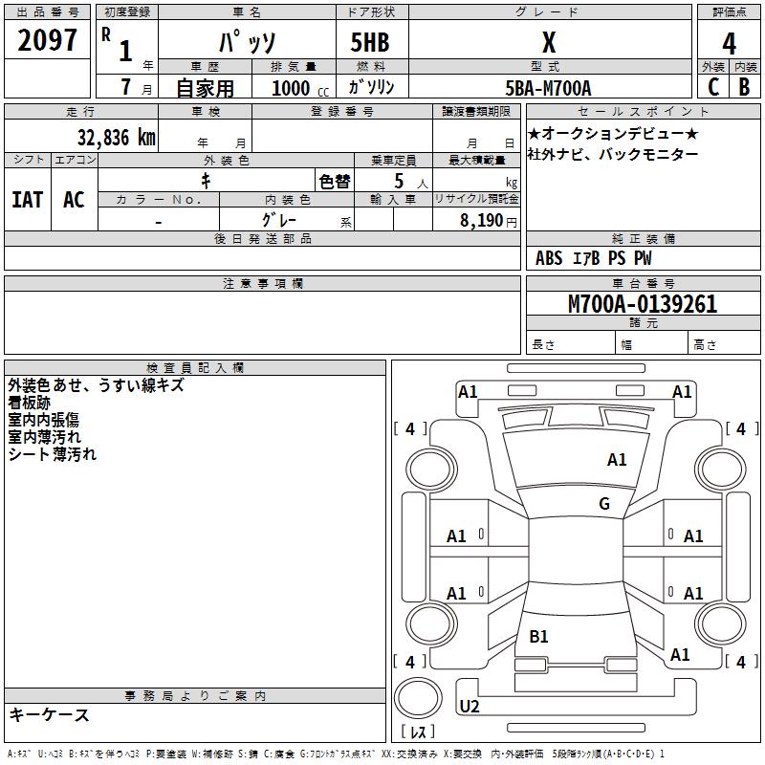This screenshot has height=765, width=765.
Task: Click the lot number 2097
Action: tap(48, 39)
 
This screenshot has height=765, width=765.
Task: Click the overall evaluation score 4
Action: tap(729, 44)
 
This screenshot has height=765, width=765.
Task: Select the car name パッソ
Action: tap(248, 43)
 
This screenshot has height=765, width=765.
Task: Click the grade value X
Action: tap(548, 43)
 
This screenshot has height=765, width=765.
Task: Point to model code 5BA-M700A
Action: tap(548, 88)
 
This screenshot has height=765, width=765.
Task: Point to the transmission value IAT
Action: tap(27, 200)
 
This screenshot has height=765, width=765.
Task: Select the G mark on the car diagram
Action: tap(604, 504)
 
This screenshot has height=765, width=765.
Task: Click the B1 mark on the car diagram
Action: tap(538, 636)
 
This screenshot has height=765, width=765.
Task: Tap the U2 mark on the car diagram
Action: tap(470, 707)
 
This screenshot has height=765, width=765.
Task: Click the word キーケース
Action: tap(49, 714)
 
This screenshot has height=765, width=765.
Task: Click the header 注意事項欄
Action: tap(263, 284)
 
